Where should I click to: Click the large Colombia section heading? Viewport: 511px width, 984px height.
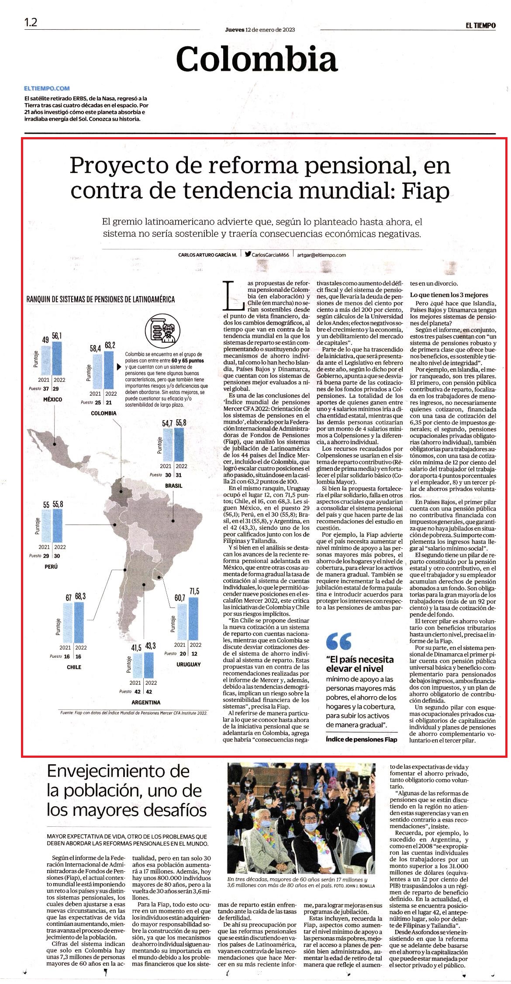[257, 58]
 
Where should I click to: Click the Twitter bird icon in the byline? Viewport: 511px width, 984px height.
[248, 254]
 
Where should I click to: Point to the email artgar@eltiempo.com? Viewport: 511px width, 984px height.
[321, 255]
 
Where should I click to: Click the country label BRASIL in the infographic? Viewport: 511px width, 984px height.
[173, 486]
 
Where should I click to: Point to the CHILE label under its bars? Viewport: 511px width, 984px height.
[74, 667]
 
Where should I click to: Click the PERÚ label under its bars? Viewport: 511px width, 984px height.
[51, 566]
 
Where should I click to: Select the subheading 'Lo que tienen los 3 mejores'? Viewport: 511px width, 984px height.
[449, 295]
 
